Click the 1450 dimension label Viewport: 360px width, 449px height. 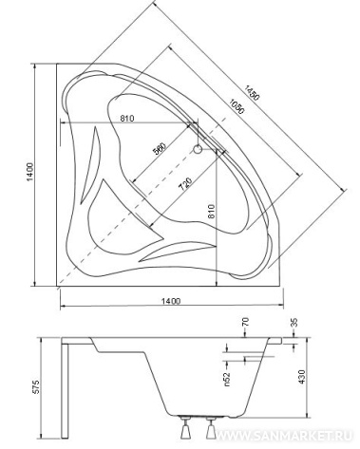coord(252,93)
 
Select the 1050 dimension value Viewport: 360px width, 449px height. coord(237,106)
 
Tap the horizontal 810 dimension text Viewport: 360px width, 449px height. coord(127,119)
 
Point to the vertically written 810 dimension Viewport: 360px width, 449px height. coord(212,210)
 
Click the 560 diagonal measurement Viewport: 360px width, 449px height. coord(160,149)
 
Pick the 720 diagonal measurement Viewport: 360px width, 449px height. coord(185,184)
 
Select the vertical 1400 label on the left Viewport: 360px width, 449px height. coord(29,173)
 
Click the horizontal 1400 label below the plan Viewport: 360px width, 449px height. coord(171,301)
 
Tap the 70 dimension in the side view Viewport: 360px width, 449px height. coord(245,322)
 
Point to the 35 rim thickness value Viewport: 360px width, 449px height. coord(294,323)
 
